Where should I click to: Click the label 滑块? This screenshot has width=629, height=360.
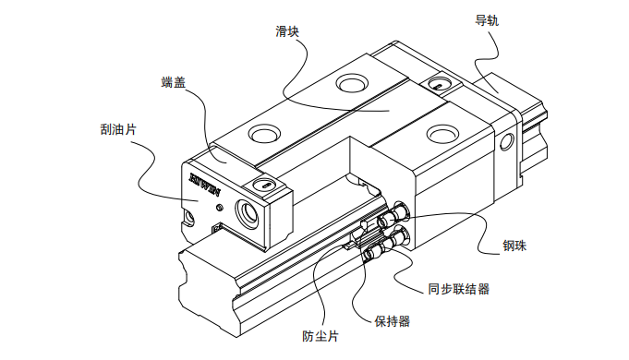click(x=287, y=31)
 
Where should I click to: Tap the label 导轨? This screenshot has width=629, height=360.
click(x=487, y=20)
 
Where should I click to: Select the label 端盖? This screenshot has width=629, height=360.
click(x=174, y=82)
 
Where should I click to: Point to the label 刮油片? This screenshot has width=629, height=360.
click(x=118, y=129)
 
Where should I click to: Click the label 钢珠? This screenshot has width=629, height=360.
click(x=514, y=246)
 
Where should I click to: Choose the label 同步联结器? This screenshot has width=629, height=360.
click(x=458, y=289)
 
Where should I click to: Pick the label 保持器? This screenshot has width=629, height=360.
click(x=392, y=320)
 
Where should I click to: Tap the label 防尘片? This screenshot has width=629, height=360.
click(x=321, y=336)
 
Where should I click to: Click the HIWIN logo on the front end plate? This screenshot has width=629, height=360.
click(x=205, y=183)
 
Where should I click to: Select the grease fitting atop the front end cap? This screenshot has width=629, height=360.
click(x=265, y=186)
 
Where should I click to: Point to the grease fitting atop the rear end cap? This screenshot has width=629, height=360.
click(x=440, y=85)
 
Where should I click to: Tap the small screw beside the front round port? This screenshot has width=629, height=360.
click(x=219, y=208)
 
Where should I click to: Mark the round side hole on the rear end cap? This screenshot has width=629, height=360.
click(x=507, y=141)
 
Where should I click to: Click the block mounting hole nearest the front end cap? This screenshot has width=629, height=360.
click(x=264, y=133)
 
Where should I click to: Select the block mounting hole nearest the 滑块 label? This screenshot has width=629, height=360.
click(x=352, y=83)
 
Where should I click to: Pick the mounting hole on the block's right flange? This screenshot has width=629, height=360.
click(x=442, y=134)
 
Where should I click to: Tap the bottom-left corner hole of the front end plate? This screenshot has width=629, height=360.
click(x=189, y=218)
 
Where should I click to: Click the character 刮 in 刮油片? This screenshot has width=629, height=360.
click(x=106, y=129)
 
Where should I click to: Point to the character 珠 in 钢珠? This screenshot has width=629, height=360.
click(x=521, y=246)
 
